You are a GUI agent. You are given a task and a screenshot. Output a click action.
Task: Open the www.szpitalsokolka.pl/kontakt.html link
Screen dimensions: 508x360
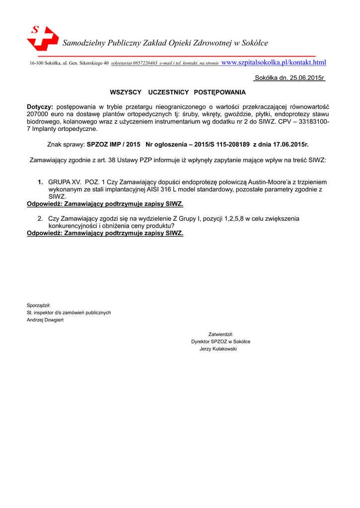[274, 63]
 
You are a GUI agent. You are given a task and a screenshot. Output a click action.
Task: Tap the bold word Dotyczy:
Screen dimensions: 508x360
[40, 107]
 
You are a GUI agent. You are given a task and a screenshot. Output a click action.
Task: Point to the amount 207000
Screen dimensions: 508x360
[37, 114]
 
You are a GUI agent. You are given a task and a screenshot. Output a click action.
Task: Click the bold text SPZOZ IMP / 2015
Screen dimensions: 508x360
[114, 145]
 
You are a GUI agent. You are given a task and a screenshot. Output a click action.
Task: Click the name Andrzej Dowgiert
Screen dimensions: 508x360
[45, 320]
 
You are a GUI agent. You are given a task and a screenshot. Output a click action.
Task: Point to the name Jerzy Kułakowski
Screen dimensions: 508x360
[218, 349]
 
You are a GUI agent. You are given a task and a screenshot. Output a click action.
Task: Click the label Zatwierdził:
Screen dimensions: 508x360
[220, 334]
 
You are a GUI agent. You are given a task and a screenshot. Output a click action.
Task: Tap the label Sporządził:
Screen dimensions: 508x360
[39, 306]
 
